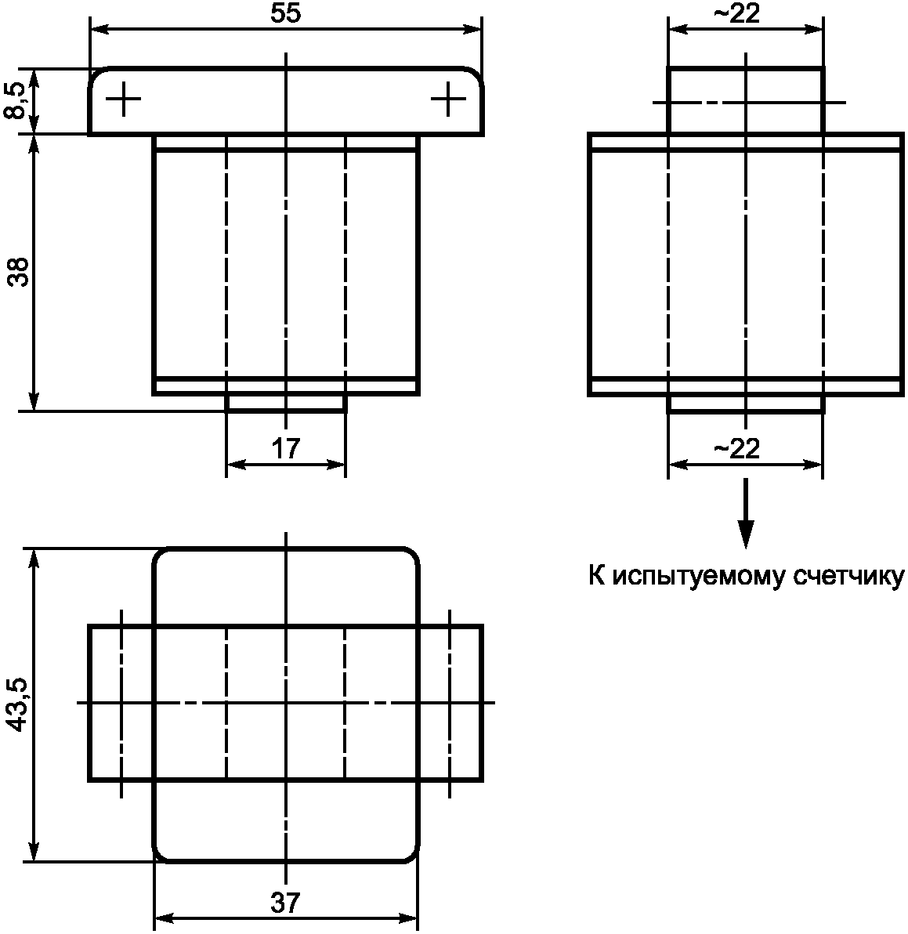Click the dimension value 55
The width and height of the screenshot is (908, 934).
(x=285, y=13)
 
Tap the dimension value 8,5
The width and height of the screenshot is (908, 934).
(x=16, y=101)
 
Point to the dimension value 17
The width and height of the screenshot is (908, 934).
(x=286, y=448)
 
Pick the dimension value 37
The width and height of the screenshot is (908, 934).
(x=285, y=903)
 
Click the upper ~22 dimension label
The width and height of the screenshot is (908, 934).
(x=736, y=13)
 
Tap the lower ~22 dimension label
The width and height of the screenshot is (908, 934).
(x=736, y=448)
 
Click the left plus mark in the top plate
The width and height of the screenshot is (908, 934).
(x=123, y=99)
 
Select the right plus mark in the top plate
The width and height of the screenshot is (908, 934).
(x=448, y=99)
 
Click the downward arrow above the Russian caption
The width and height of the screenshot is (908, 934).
(x=746, y=513)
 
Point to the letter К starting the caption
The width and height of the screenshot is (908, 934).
(x=597, y=576)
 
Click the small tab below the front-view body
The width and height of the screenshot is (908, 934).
(x=286, y=403)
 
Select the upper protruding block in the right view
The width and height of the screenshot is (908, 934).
(x=746, y=100)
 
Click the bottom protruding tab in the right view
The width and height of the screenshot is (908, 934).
(x=746, y=404)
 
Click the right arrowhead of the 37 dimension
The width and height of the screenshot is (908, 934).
(x=407, y=918)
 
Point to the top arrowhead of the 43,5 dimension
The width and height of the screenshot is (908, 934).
(x=34, y=559)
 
